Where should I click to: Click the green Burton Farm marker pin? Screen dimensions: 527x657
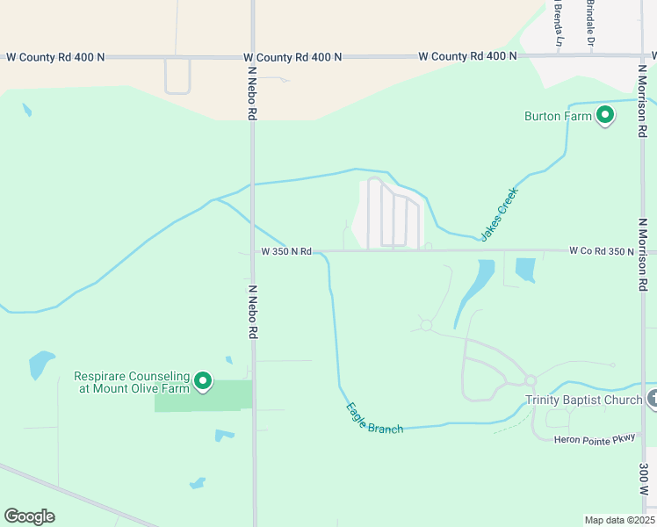[604, 115]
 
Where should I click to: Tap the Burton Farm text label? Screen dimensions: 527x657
[555, 116]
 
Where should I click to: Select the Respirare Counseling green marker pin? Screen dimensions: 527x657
[203, 381]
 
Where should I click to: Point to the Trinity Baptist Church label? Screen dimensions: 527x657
[584, 401]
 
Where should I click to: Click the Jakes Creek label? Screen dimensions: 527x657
[499, 213]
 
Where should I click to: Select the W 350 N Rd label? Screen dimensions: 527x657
[286, 251]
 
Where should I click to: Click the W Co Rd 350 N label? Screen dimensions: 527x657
[602, 251]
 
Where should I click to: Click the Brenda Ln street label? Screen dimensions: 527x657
[558, 25]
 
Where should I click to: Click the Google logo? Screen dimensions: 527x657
[29, 516]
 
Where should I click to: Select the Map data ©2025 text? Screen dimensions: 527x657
[618, 520]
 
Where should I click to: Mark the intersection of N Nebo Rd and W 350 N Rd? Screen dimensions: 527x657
[253, 251]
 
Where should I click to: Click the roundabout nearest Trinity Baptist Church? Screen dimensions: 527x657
[531, 380]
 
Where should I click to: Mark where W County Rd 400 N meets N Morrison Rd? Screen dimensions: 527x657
[639, 57]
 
